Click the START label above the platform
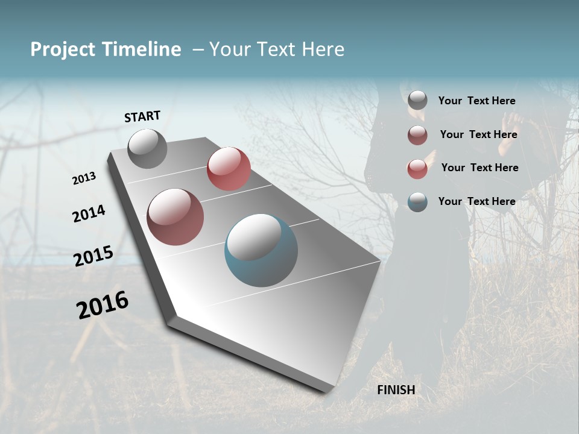coord(142,116)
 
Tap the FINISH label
coord(396,390)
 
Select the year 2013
coord(84,178)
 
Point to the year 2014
coord(89,213)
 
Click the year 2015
coord(93,256)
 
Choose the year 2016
coord(103,304)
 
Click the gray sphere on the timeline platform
coord(147,148)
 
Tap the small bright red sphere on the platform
coord(229,169)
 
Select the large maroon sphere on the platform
coord(175,217)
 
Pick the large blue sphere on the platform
coord(261,250)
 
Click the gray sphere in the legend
coord(417,101)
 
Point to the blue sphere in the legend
coord(417,202)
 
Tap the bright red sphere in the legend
coord(417,169)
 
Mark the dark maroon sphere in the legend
coord(417,135)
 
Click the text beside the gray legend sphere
coord(476,101)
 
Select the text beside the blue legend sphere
coord(476,201)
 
